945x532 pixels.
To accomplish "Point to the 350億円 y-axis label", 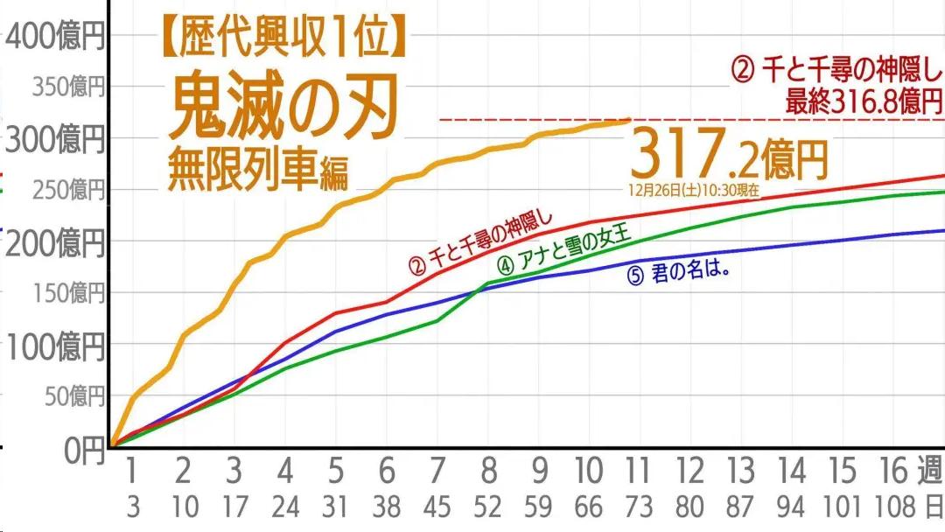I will (x=68, y=87).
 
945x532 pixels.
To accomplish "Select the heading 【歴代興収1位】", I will (x=285, y=38).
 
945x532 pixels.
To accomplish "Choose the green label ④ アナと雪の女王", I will (x=564, y=252).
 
